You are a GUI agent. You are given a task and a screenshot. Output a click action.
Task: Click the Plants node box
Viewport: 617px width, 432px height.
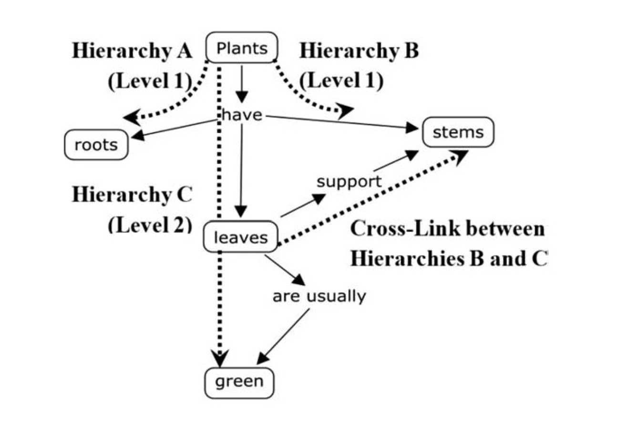point(241,48)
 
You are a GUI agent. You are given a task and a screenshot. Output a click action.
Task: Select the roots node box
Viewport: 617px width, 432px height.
point(96,144)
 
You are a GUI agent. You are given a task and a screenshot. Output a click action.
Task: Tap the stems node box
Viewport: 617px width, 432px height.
point(458,132)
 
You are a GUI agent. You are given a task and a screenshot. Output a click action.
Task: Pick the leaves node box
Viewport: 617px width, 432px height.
point(240,237)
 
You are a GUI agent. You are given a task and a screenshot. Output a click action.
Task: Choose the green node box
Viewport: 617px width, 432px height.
point(240,381)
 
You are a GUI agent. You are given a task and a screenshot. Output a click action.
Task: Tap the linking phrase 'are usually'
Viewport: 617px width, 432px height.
point(319,296)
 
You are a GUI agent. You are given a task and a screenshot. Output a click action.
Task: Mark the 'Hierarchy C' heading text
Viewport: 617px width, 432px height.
point(132,195)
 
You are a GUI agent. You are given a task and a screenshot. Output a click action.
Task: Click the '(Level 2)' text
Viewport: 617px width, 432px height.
point(150,224)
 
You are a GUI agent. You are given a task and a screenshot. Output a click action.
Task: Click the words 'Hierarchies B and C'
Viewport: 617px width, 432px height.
point(448,259)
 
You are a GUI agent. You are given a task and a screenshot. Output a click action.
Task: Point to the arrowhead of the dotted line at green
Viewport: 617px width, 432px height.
point(220,359)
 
